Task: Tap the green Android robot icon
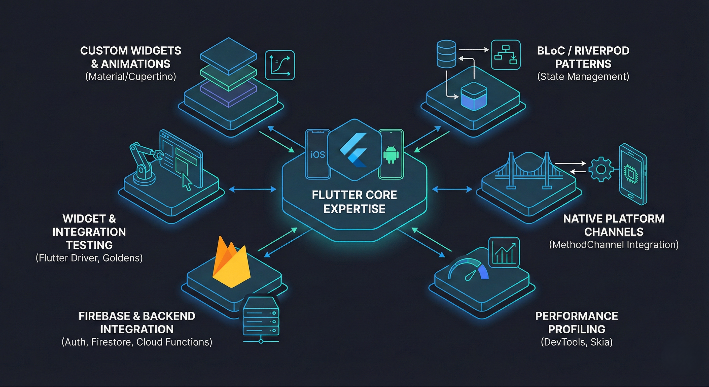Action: click(391, 154)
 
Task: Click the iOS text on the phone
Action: click(318, 155)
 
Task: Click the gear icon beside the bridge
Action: click(601, 169)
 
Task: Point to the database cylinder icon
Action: click(446, 54)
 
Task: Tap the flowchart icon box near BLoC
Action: click(506, 55)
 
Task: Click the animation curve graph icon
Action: click(280, 65)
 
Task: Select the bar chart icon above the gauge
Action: click(504, 252)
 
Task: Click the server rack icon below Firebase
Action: click(261, 319)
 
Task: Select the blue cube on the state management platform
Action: click(473, 96)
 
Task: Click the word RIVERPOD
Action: click(602, 51)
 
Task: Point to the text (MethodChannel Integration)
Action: click(614, 245)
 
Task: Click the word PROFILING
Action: click(577, 329)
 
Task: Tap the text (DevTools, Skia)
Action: click(577, 342)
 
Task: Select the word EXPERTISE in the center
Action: click(354, 209)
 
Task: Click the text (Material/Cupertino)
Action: click(130, 77)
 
